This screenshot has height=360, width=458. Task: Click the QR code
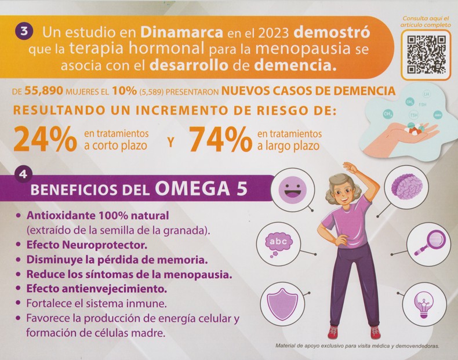pyautogui.click(x=425, y=54)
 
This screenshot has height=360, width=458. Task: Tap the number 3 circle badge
pyautogui.click(x=23, y=32)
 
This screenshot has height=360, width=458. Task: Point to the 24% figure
pyautogui.click(x=45, y=139)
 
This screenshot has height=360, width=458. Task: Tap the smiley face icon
pyautogui.click(x=293, y=189)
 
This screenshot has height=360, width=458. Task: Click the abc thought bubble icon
pyautogui.click(x=279, y=242)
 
